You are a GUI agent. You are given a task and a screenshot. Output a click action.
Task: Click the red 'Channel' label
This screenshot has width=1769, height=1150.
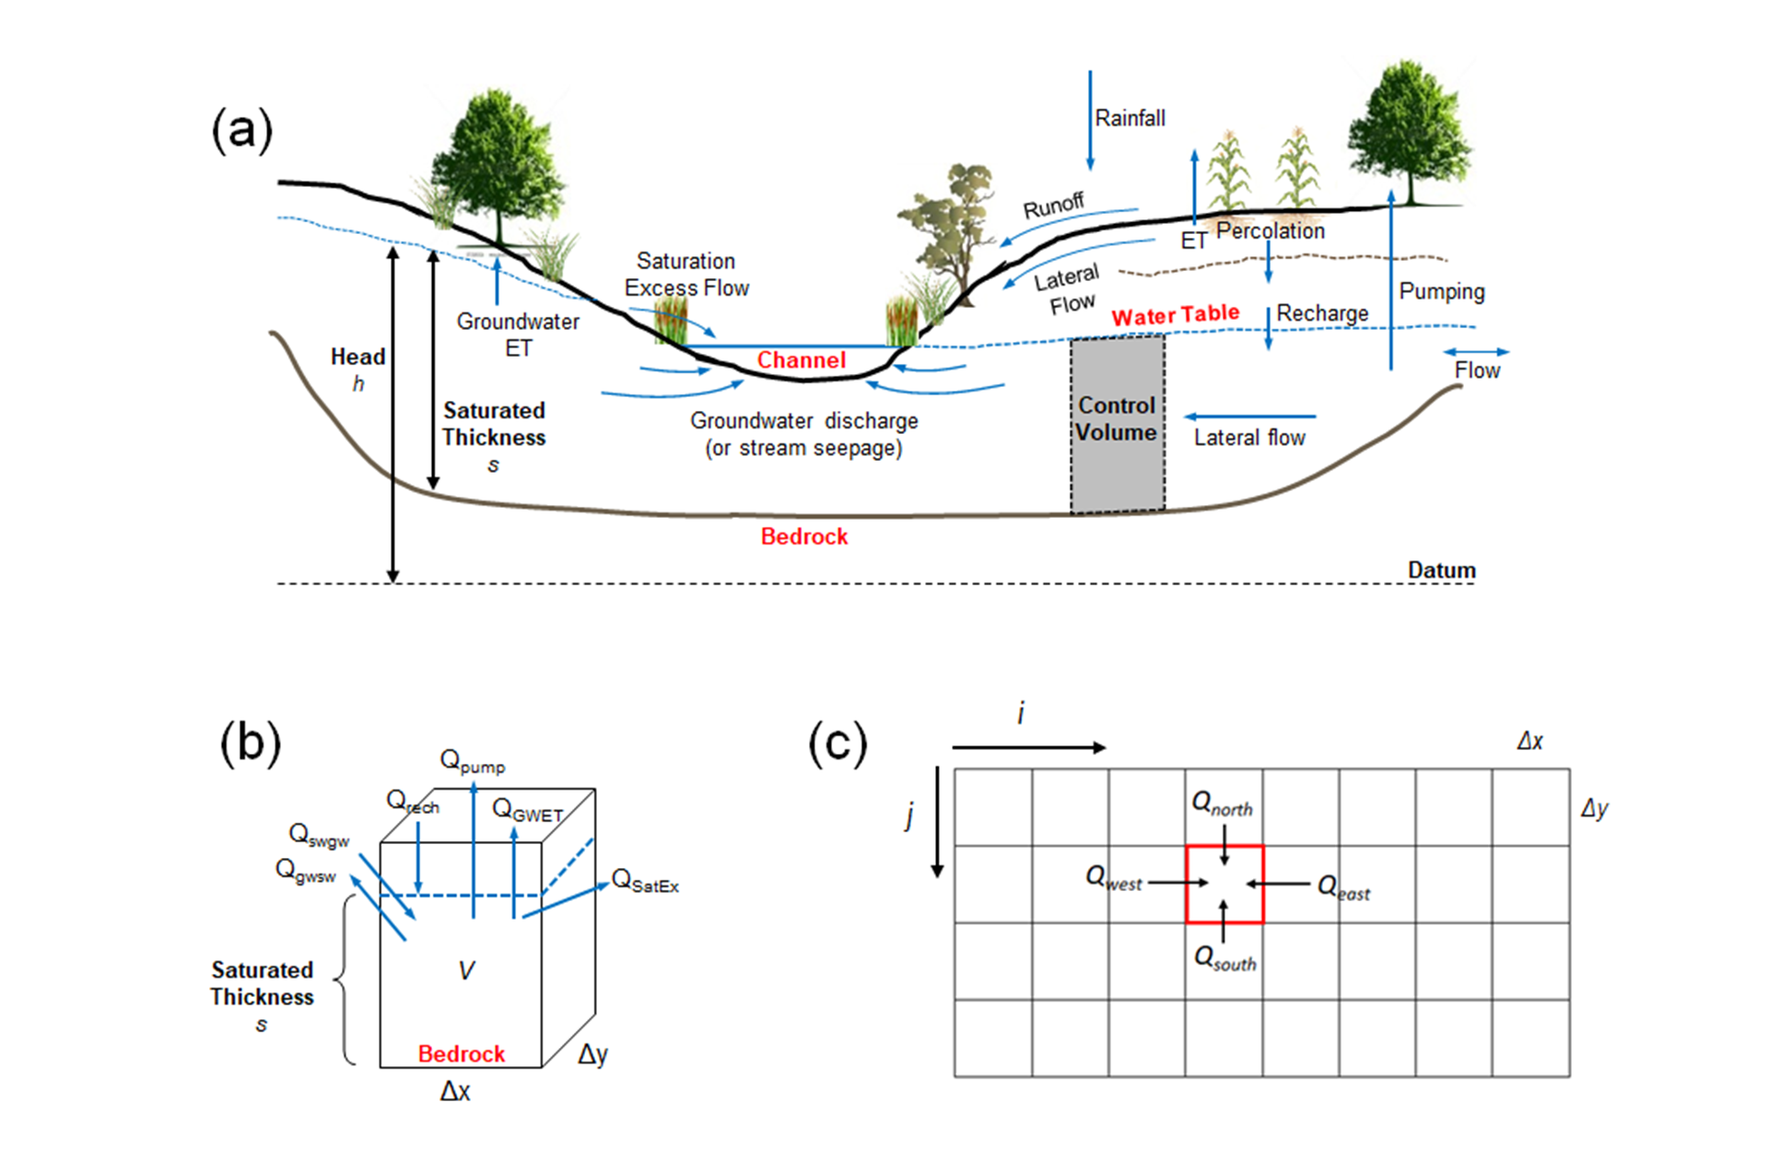pos(801,360)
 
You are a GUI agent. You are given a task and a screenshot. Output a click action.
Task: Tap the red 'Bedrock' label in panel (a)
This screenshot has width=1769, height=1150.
pos(803,536)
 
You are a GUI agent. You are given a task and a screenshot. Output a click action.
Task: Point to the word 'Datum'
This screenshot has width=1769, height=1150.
pos(1441,570)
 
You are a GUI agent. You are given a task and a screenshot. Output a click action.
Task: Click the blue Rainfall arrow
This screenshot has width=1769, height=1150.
pos(1090,120)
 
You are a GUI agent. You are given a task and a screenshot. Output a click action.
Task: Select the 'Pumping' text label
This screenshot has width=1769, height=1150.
pos(1441,292)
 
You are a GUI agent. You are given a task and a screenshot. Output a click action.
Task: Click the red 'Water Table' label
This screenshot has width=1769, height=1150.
pos(1175,315)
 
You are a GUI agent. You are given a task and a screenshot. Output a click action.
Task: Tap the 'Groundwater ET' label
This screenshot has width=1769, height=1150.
pos(518,334)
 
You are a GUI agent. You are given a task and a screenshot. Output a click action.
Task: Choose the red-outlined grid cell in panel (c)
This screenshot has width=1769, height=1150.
pos(1224,884)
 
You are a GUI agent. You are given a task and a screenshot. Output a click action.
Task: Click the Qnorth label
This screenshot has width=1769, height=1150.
pos(1222,804)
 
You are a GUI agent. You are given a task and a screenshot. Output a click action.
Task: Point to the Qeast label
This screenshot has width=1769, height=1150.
pos(1343,888)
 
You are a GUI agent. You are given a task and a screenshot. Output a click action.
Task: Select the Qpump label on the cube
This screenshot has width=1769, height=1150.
pos(472,761)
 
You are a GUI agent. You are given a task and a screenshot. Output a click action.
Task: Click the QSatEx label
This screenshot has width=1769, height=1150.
pos(645,881)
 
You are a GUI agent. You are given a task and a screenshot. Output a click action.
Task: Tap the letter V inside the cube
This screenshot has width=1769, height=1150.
pos(466,970)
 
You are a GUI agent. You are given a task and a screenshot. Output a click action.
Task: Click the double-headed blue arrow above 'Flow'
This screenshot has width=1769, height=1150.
pos(1476,352)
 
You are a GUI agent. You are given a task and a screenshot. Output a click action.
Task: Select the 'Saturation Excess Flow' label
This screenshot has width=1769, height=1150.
pos(686,275)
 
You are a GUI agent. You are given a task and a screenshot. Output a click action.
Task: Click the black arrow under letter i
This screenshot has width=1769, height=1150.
pos(1028,747)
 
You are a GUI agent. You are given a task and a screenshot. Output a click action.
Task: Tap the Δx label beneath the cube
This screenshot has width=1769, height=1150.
pos(455,1092)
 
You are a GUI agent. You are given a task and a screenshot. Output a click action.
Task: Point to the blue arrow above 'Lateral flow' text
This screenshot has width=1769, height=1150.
pos(1250,417)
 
